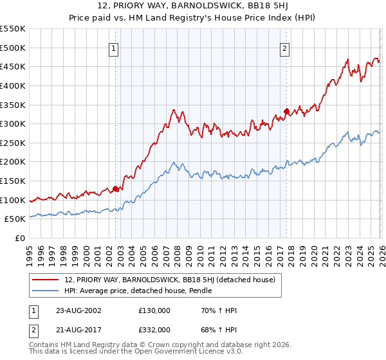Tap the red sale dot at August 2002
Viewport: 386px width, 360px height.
tap(116, 189)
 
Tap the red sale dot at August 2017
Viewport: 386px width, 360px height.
tap(286, 111)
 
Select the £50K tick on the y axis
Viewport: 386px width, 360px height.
tap(15, 220)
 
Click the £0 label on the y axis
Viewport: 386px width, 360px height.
tap(20, 239)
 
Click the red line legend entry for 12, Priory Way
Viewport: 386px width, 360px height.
tap(170, 280)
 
